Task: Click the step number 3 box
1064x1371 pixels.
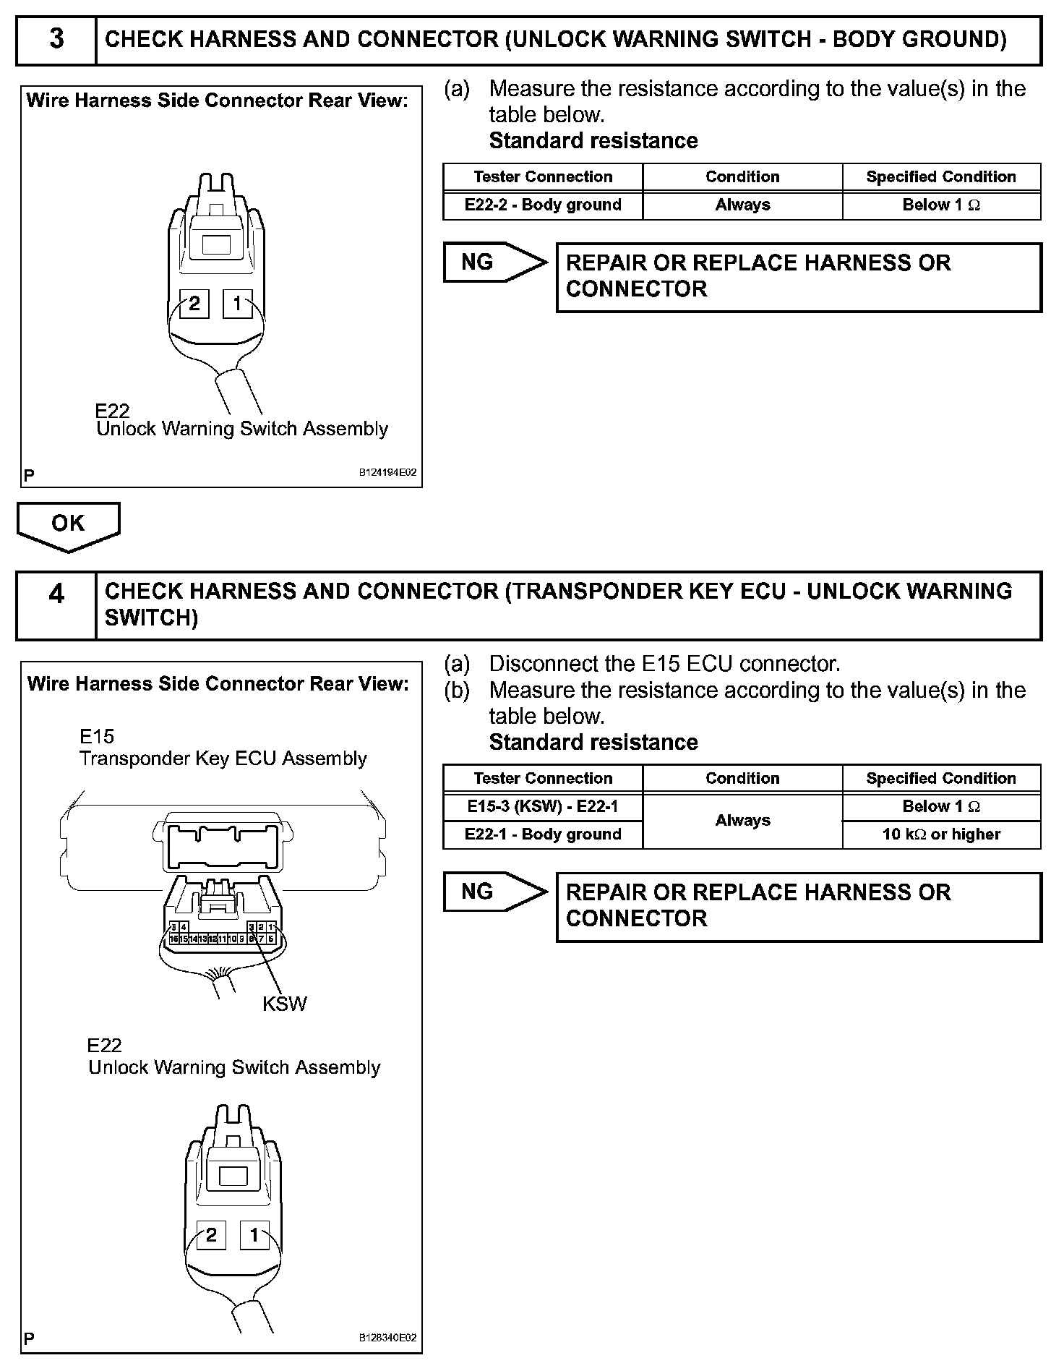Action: pyautogui.click(x=56, y=39)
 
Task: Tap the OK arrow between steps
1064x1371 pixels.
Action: pyautogui.click(x=68, y=525)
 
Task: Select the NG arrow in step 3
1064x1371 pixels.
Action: pyautogui.click(x=494, y=262)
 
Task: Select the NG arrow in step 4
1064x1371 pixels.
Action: pyautogui.click(x=494, y=892)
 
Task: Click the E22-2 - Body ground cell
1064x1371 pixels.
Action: pyautogui.click(x=543, y=205)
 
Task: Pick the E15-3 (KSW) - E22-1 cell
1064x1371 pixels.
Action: pyautogui.click(x=543, y=807)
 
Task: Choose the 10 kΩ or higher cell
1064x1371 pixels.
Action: pyautogui.click(x=941, y=834)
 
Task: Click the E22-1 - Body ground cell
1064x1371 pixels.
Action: pyautogui.click(x=543, y=834)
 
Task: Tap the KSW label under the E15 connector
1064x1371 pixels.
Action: pyautogui.click(x=285, y=1004)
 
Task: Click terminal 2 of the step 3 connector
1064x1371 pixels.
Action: pyautogui.click(x=194, y=304)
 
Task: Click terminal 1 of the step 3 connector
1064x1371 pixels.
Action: pyautogui.click(x=237, y=304)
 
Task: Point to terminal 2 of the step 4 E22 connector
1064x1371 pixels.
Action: pyautogui.click(x=211, y=1235)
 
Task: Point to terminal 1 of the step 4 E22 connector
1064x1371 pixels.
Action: pyautogui.click(x=254, y=1235)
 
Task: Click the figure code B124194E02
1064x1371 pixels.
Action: pyautogui.click(x=388, y=473)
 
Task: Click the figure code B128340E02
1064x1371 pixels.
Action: pyautogui.click(x=388, y=1338)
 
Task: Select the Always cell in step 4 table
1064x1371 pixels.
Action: pyautogui.click(x=742, y=821)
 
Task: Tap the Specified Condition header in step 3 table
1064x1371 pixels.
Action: pyautogui.click(x=941, y=177)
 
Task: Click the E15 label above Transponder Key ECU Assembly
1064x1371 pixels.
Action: pyautogui.click(x=97, y=737)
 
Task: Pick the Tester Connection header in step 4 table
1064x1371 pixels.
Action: pyautogui.click(x=543, y=779)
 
